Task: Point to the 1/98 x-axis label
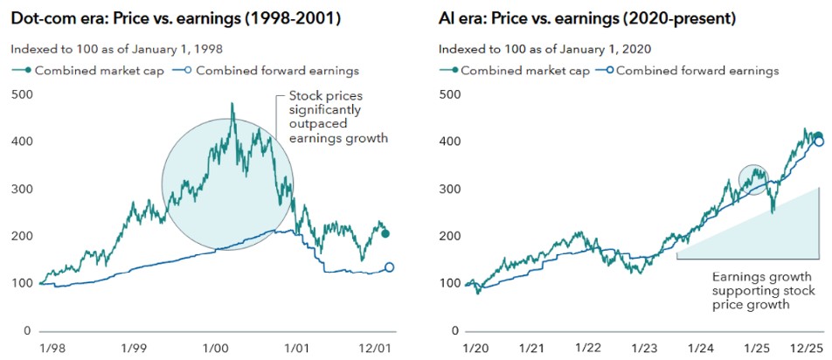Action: coord(50,348)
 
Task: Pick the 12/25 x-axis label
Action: coord(803,348)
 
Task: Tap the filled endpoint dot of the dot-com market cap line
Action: coord(385,233)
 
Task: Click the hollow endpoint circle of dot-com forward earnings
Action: coord(389,267)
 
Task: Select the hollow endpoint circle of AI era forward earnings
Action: coord(819,142)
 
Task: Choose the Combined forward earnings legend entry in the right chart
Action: coord(690,70)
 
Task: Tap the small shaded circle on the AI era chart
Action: coord(754,179)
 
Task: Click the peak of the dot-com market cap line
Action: coord(232,104)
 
